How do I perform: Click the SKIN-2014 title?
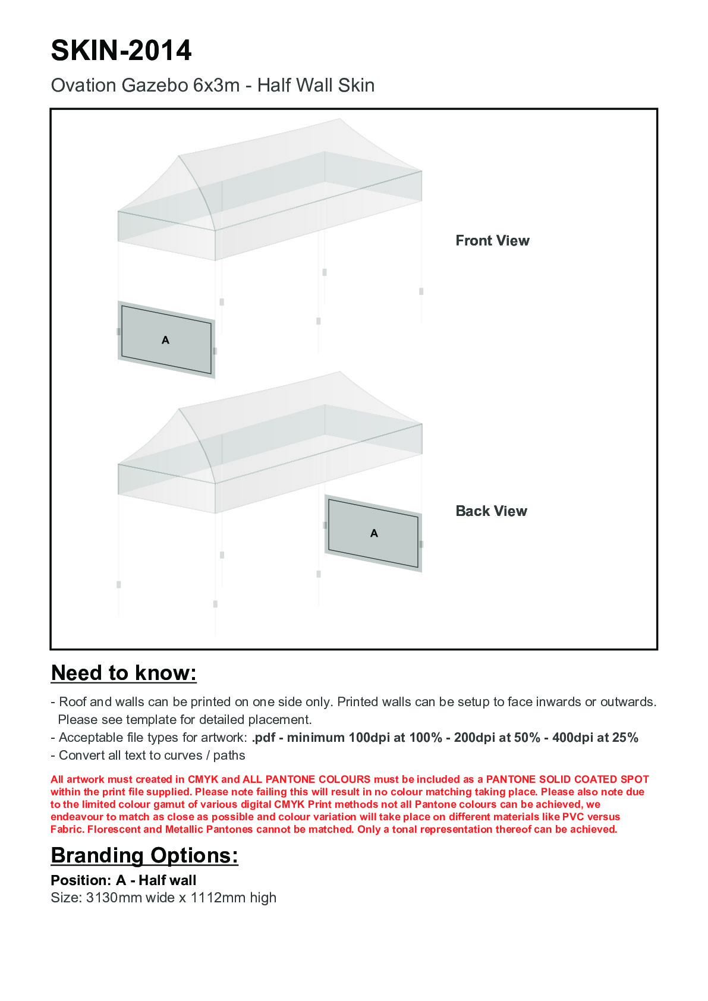pyautogui.click(x=121, y=51)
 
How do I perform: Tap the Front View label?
pyautogui.click(x=492, y=241)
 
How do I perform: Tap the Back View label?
pyautogui.click(x=491, y=511)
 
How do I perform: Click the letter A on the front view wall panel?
pyautogui.click(x=166, y=340)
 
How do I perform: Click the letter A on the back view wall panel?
pyautogui.click(x=374, y=533)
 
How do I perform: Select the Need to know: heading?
pyautogui.click(x=124, y=673)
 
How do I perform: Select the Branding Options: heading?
pyautogui.click(x=144, y=855)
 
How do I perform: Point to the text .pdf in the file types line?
pyautogui.click(x=263, y=738)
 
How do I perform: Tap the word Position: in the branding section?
pyautogui.click(x=81, y=880)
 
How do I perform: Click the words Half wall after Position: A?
pyautogui.click(x=167, y=880)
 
